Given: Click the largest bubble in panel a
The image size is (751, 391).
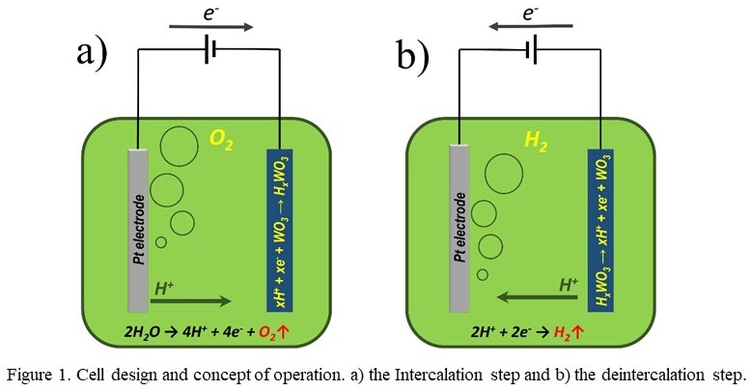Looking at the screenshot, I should click(x=178, y=147).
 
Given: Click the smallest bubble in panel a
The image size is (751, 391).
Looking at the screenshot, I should click(x=161, y=242).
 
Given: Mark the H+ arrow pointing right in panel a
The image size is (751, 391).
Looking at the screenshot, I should click(x=193, y=300).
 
